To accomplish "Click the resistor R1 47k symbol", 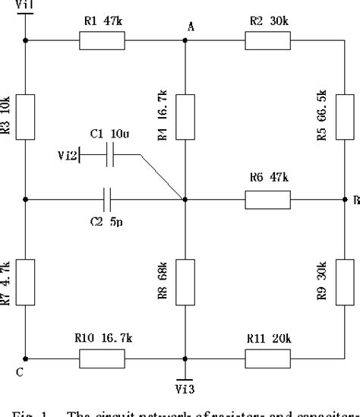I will point(102,42).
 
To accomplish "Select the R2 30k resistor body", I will point(267,42).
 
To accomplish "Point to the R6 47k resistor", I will point(267,200).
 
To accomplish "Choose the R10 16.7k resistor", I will point(102,358).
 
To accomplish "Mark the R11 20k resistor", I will point(267,358).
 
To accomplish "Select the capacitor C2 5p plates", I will point(109,200).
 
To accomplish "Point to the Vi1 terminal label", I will point(24,5).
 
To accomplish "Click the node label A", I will point(191,27).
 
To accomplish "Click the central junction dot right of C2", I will point(185,200).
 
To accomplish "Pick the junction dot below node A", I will point(185,42).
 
